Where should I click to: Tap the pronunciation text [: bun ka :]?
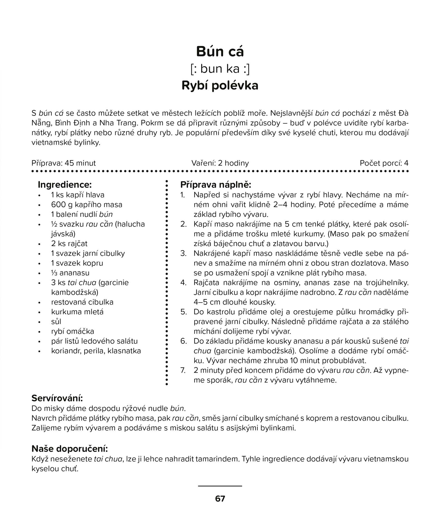point(220,69)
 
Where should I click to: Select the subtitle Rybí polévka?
point(220,86)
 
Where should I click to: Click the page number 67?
point(220,499)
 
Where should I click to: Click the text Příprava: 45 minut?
point(64,163)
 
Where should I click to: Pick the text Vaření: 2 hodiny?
point(220,163)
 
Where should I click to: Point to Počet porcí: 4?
point(384,163)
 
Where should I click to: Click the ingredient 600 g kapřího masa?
point(87,204)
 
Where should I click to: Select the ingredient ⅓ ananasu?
point(70,273)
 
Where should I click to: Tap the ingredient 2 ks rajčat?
point(69,244)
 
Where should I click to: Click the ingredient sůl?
point(56,322)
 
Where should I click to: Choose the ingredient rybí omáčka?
point(72,331)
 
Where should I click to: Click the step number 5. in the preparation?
point(184,312)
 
